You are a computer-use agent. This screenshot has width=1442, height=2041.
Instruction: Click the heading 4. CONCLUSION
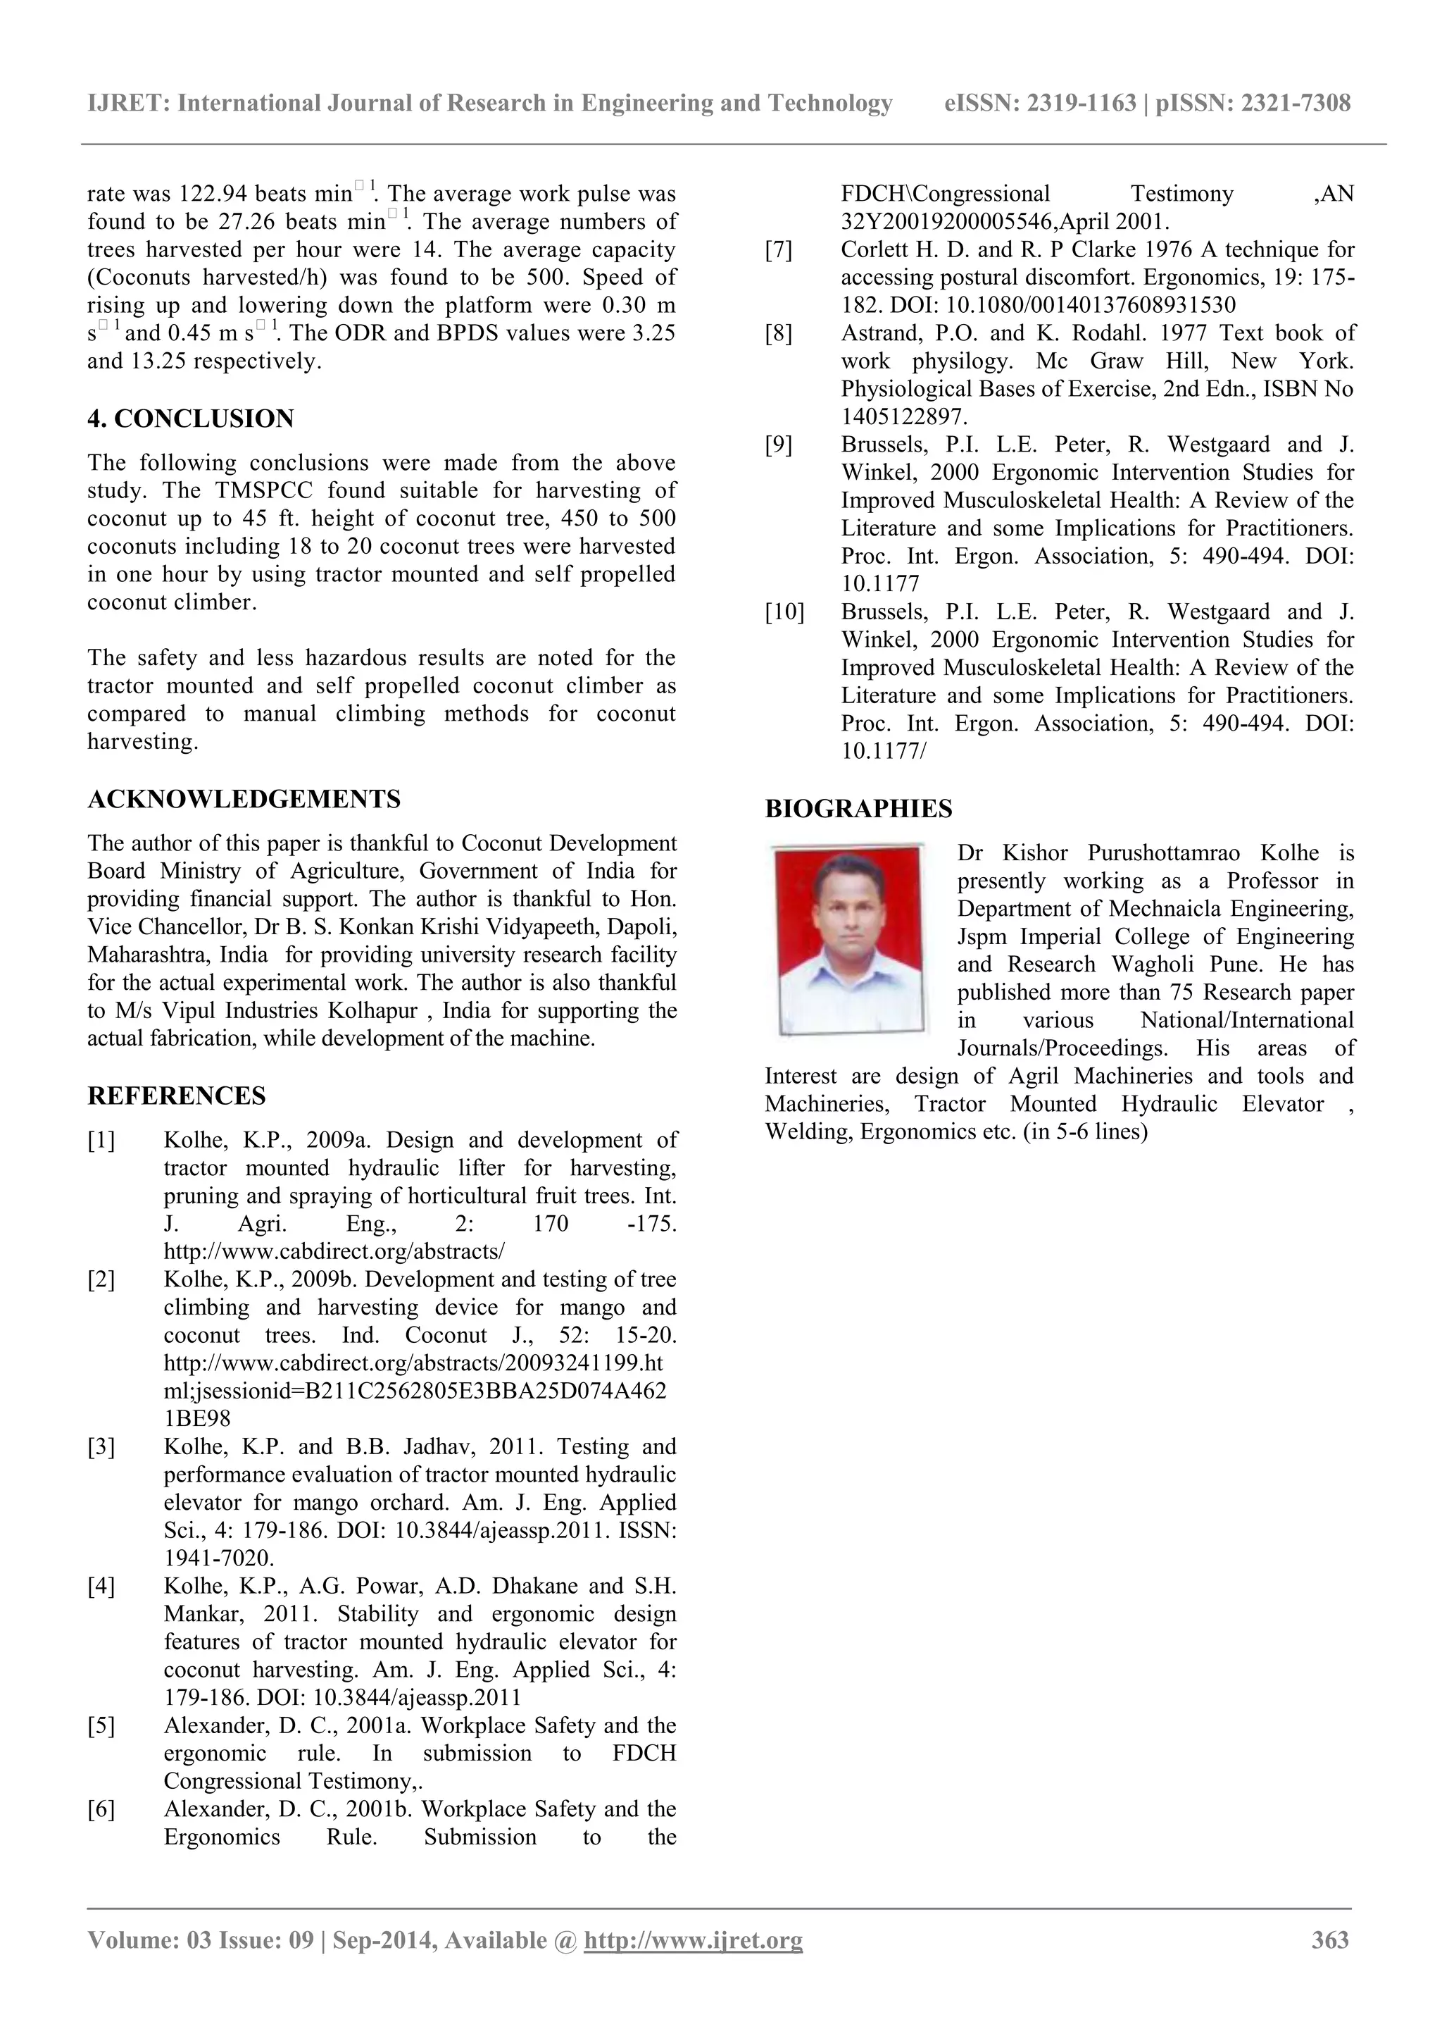point(190,418)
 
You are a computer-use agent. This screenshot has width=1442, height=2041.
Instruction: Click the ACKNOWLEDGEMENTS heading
point(244,799)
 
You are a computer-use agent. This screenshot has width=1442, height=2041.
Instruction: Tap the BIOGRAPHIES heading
point(858,809)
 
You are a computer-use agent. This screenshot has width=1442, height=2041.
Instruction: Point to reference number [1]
point(101,1141)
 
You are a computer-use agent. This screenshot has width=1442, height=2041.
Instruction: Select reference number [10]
point(784,612)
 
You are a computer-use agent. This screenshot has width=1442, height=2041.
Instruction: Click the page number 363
point(1330,1940)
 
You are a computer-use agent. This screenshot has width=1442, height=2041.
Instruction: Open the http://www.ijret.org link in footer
point(693,1940)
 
